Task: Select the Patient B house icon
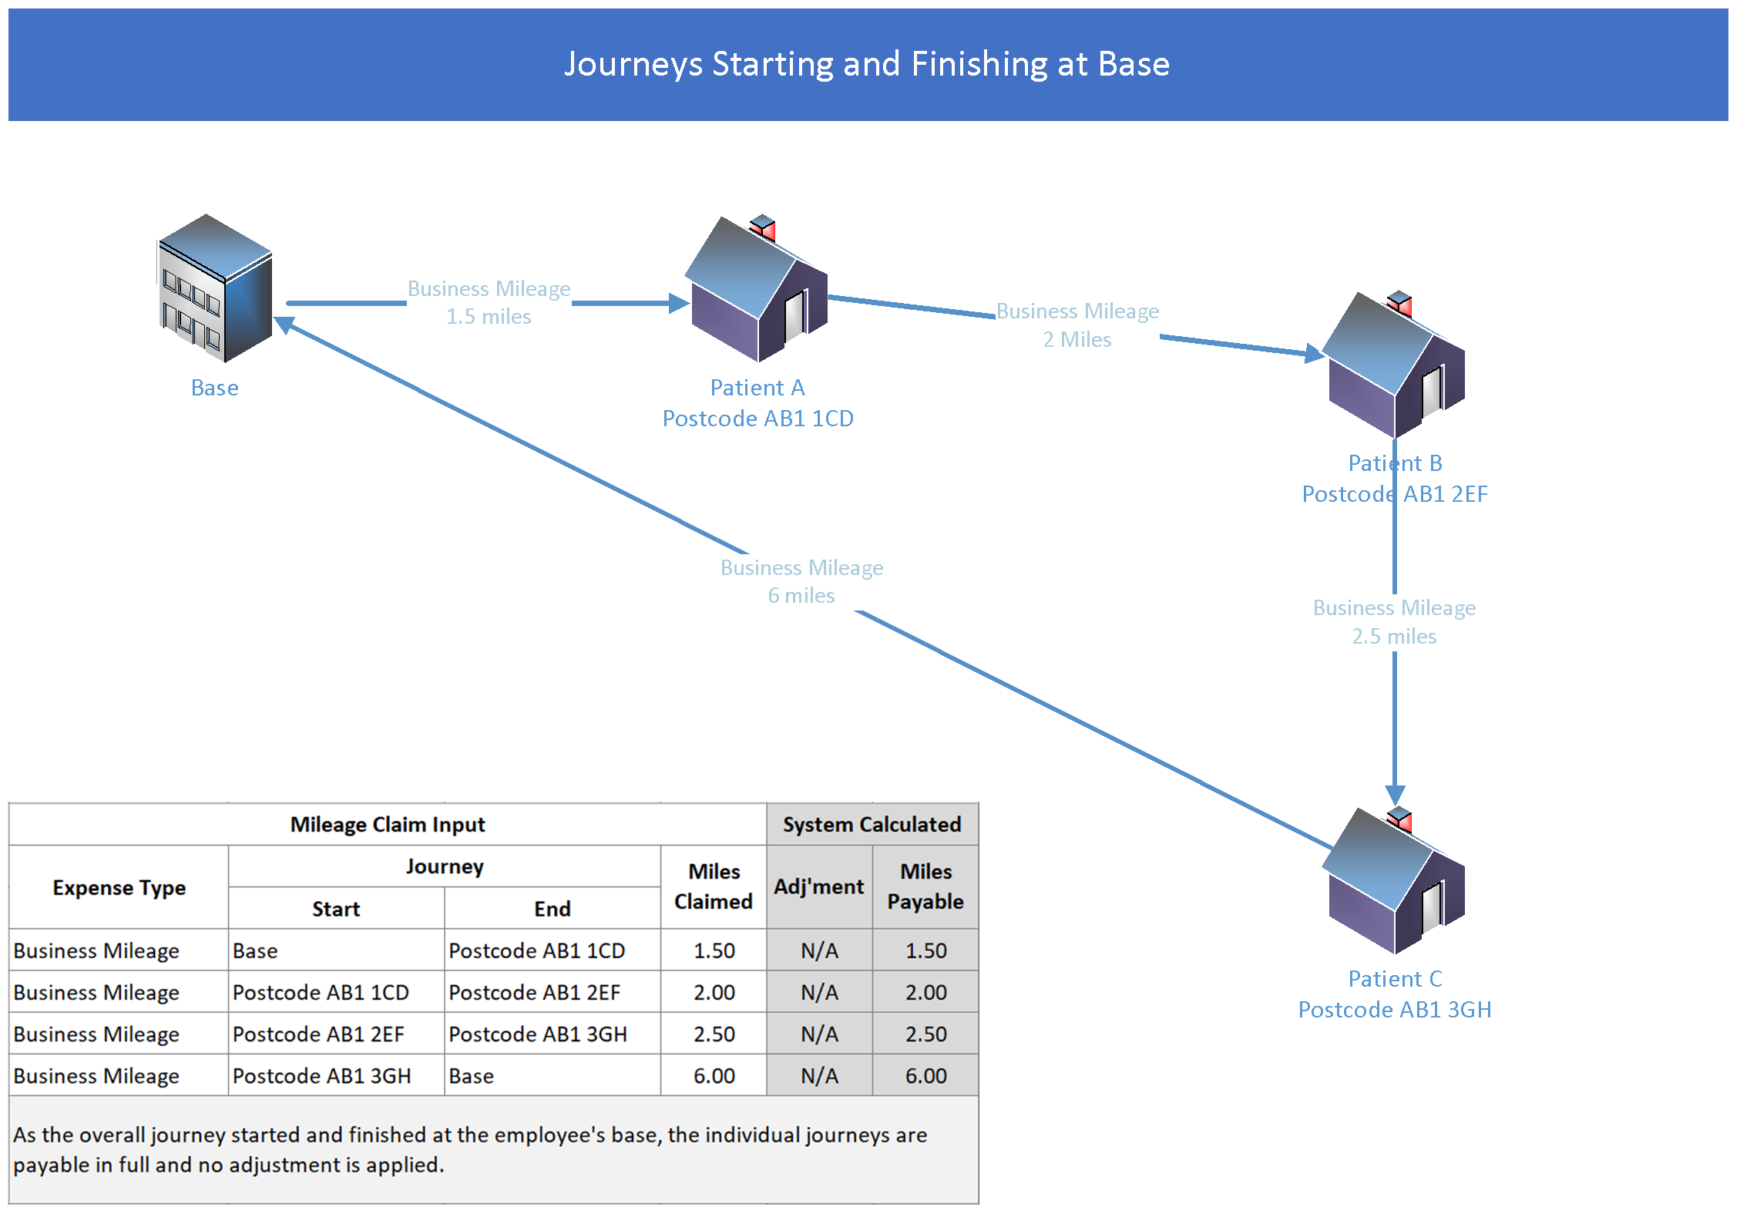click(x=1394, y=365)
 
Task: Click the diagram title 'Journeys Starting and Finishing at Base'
click(x=867, y=64)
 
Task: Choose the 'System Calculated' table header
click(x=872, y=825)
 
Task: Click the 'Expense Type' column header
click(x=119, y=888)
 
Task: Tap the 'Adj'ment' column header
click(x=818, y=887)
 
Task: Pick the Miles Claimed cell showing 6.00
click(x=714, y=1076)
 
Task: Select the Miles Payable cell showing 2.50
click(x=925, y=1034)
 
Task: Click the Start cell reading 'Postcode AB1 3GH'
click(x=321, y=1076)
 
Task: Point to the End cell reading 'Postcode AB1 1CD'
click(x=536, y=951)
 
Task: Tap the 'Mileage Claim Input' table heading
click(x=388, y=825)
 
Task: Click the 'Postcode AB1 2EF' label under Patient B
click(x=1394, y=494)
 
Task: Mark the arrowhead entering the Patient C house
click(x=1395, y=795)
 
